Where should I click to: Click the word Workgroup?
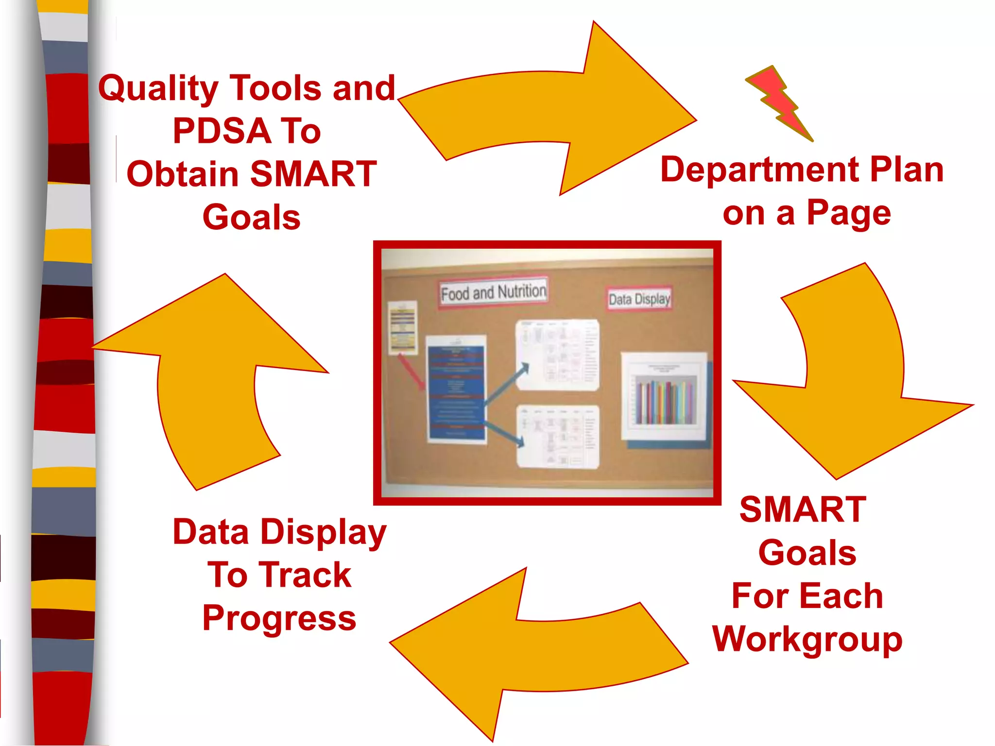807,640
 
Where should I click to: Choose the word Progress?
279,618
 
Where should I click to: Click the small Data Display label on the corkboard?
639,298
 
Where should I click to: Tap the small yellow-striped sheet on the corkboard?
403,327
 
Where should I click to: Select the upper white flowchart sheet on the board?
557,355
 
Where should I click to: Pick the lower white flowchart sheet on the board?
557,436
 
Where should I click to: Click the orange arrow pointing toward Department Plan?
559,112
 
